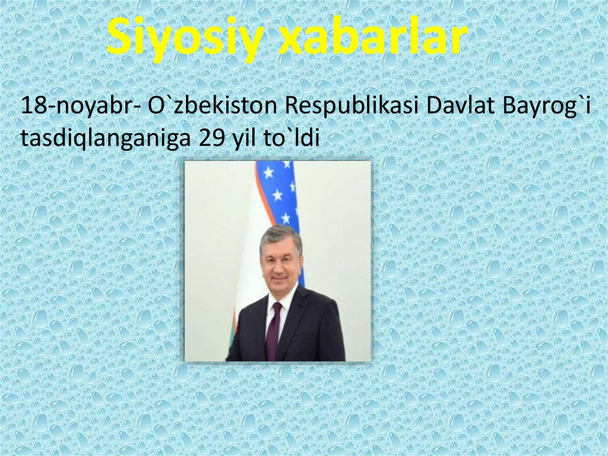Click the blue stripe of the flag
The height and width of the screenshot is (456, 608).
tap(279, 190)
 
